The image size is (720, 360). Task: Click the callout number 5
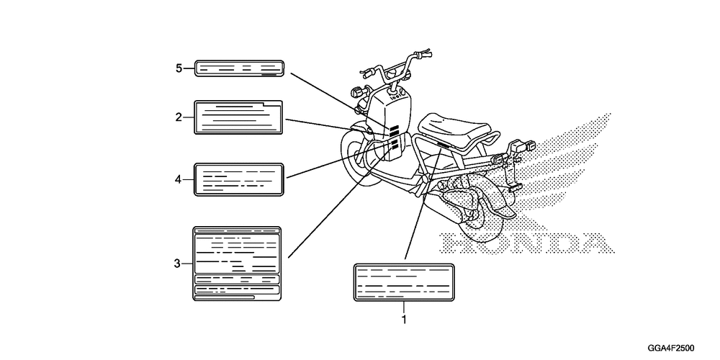click(179, 68)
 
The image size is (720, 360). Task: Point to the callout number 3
click(177, 264)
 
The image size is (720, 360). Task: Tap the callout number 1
click(404, 318)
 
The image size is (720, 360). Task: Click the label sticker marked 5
click(240, 69)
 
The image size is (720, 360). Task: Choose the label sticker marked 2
click(238, 117)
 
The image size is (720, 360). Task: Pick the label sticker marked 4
click(238, 179)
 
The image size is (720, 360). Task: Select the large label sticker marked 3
click(237, 264)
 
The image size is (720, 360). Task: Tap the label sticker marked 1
click(404, 284)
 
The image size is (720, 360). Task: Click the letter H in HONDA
click(457, 245)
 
